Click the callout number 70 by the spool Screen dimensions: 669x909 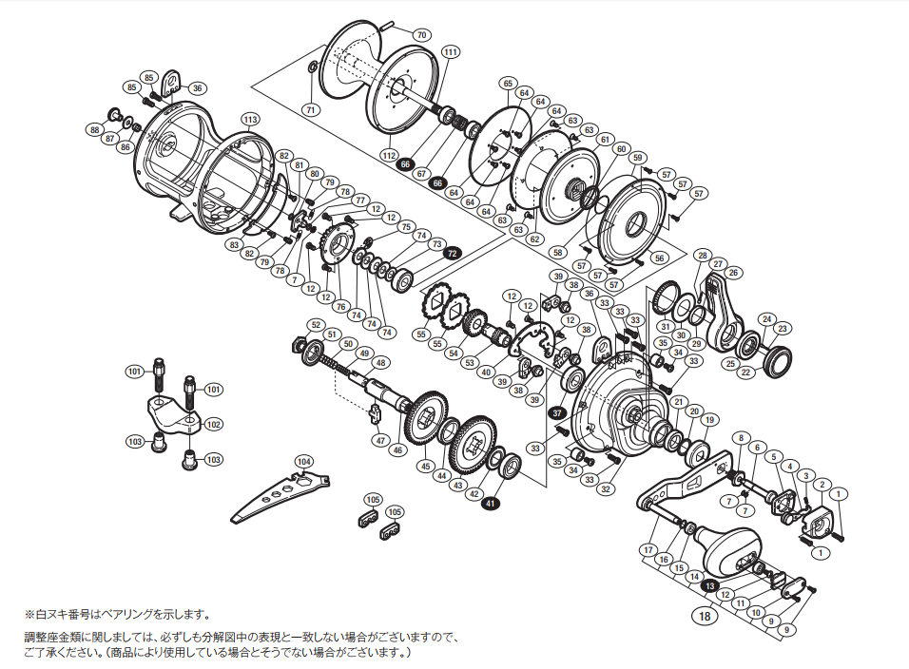(421, 35)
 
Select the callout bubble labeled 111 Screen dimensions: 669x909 (450, 52)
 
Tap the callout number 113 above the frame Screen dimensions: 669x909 (249, 119)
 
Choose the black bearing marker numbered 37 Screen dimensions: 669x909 (557, 412)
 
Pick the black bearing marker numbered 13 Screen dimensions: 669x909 (709, 585)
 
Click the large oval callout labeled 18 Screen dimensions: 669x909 (705, 617)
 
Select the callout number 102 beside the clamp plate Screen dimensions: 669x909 (213, 425)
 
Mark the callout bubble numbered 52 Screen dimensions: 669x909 (316, 325)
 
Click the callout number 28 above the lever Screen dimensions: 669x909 (703, 256)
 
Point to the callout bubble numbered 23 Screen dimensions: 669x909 (783, 329)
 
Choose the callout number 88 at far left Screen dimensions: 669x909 (95, 129)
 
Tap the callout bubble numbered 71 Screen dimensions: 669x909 (310, 110)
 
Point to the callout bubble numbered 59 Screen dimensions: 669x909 (637, 157)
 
